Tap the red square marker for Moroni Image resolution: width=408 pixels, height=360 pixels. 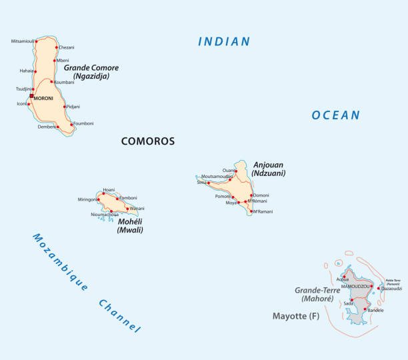pos(31,96)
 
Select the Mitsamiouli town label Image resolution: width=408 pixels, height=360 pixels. pos(24,41)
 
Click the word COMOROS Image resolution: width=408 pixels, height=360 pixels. pos(148,141)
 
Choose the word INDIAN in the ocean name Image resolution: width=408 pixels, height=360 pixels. pos(224,42)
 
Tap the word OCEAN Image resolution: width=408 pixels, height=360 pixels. pos(335,115)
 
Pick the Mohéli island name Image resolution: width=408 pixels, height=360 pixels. pos(130,222)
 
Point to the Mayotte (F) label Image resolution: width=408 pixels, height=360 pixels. pos(295,315)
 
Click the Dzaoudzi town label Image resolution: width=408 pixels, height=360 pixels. pos(391,289)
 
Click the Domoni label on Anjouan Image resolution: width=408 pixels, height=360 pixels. pos(261,195)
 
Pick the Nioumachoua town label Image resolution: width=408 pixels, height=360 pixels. pos(105,214)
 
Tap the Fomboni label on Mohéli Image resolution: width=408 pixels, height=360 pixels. pos(127,198)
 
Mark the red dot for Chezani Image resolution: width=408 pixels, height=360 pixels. pos(56,47)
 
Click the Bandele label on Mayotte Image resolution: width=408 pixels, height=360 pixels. pos(375,311)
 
